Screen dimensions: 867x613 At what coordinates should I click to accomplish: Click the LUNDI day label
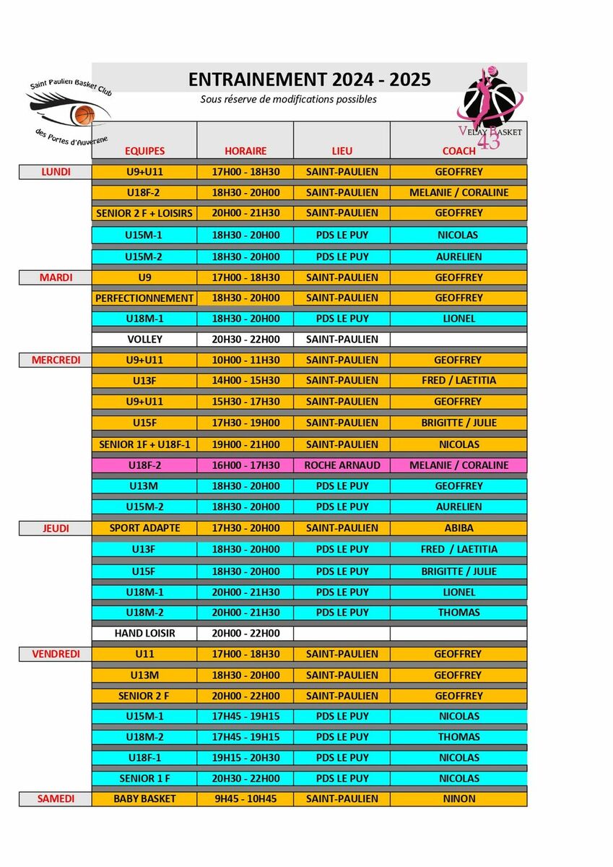(x=56, y=172)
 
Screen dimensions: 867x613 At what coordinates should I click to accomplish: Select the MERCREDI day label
(x=56, y=360)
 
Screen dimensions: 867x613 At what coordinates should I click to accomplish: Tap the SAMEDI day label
(x=56, y=799)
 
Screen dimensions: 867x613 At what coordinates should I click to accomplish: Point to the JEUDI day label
(x=56, y=528)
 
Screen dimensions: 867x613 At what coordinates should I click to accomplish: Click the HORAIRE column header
(x=245, y=151)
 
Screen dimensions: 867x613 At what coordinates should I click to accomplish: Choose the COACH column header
(x=458, y=151)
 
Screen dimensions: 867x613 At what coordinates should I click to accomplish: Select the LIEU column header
(x=342, y=151)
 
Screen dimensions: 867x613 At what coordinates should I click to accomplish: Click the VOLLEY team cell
(x=145, y=339)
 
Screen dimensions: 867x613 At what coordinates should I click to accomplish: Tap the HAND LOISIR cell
(x=145, y=634)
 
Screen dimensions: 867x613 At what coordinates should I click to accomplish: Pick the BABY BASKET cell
(x=145, y=799)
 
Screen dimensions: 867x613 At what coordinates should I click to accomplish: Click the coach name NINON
(x=458, y=799)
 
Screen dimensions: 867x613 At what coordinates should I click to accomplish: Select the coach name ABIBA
(x=458, y=528)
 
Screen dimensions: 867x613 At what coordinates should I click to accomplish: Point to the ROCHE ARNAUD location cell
(x=342, y=465)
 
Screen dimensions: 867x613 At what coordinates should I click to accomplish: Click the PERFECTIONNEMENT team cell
(x=145, y=298)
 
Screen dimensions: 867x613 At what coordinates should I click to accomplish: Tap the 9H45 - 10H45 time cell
(x=245, y=799)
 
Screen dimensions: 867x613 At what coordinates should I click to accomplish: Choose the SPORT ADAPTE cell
(x=145, y=528)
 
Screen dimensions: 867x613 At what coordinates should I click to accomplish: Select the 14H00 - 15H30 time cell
(x=245, y=380)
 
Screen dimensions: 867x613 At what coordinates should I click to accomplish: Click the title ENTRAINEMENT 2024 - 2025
(x=309, y=79)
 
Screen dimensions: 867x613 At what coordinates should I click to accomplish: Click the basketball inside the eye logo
(x=84, y=114)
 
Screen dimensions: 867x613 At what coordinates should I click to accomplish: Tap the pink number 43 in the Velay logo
(x=489, y=142)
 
